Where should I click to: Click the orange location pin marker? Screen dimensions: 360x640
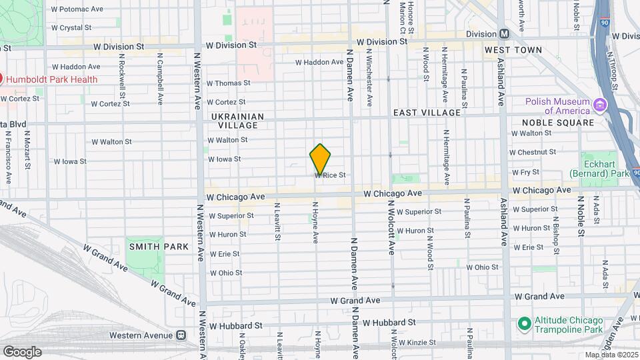[x=320, y=159]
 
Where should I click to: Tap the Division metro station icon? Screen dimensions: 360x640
[x=504, y=34]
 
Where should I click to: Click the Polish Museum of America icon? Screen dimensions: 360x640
[x=599, y=105]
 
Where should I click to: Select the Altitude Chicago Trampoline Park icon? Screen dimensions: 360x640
[x=525, y=323]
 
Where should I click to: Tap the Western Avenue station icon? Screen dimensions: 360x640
[x=180, y=335]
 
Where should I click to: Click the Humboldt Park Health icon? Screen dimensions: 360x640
[x=1, y=79]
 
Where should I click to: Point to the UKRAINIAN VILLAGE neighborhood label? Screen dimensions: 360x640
[x=237, y=121]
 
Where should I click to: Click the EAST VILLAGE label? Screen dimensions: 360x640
[x=427, y=113]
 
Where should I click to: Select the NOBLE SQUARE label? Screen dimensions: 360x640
[x=558, y=123]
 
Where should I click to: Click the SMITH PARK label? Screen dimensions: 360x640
[x=159, y=247]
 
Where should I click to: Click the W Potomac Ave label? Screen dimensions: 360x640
[x=77, y=9]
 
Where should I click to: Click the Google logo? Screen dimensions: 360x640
[x=21, y=351]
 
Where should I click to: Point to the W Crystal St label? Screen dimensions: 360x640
[x=71, y=28]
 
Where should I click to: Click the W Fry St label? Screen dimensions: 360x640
[x=525, y=171]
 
